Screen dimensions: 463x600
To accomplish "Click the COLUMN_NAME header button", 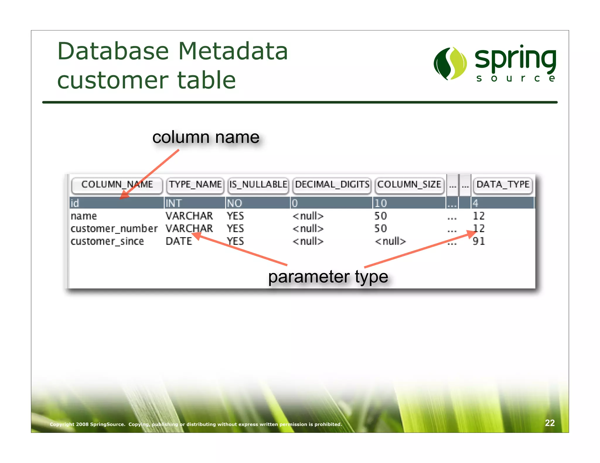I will [117, 185].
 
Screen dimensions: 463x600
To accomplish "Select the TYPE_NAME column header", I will [195, 185].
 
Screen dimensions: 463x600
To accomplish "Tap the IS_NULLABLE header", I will [258, 185].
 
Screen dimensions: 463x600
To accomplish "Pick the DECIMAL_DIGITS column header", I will [332, 185].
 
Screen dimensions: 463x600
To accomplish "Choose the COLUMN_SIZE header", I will [409, 185].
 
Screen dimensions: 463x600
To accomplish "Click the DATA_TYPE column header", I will [503, 185].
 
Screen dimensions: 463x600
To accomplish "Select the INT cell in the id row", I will [173, 203].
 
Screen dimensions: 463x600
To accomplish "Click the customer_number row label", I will [114, 229].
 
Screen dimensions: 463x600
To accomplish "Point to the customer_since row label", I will [107, 241].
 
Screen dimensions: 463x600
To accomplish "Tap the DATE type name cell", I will [179, 241].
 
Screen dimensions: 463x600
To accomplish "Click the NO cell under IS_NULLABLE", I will [234, 203].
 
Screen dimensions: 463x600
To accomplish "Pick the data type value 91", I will [479, 241].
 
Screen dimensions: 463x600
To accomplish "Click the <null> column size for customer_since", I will [390, 241].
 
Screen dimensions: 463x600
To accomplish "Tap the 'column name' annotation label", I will [206, 137].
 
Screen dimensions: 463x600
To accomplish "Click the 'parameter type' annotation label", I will [328, 277].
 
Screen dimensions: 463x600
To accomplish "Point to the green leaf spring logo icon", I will [450, 63].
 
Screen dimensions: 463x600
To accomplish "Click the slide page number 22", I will [550, 423].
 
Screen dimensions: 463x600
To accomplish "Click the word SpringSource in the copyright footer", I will [108, 424].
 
